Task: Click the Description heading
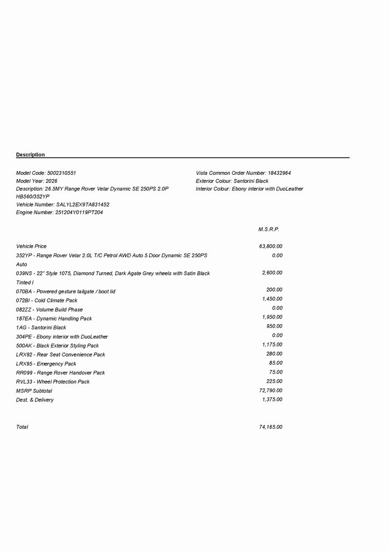(31, 155)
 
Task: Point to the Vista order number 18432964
(279, 173)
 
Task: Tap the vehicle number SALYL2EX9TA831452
(83, 205)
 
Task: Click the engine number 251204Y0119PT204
(79, 213)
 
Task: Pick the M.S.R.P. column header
(269, 230)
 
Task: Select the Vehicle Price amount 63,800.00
(270, 246)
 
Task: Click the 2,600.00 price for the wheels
(272, 273)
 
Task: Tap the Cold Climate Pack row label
(47, 301)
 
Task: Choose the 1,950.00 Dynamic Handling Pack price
(272, 317)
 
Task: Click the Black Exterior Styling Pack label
(57, 346)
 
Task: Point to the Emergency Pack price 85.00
(276, 363)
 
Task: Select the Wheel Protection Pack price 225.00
(274, 381)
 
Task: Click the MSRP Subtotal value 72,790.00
(270, 390)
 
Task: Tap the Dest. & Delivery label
(35, 400)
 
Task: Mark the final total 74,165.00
(270, 427)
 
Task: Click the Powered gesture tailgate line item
(66, 292)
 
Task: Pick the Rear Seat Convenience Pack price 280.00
(274, 354)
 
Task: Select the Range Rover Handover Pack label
(61, 373)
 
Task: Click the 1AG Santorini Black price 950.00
(274, 326)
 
